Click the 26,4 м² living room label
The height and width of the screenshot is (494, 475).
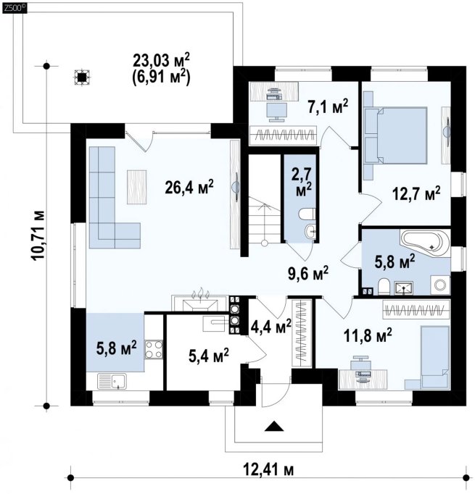(x=189, y=188)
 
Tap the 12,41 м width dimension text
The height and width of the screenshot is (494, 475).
(x=268, y=471)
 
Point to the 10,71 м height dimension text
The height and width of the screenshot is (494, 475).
(x=38, y=235)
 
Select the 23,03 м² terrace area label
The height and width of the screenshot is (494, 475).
(x=162, y=60)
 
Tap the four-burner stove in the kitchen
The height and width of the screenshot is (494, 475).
(x=154, y=350)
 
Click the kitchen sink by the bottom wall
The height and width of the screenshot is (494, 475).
(x=112, y=381)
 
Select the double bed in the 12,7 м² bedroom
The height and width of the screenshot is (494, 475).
(x=396, y=135)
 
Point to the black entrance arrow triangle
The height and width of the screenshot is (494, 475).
(x=274, y=426)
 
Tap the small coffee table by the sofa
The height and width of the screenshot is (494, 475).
(x=136, y=187)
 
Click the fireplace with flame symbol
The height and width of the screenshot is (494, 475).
(x=199, y=303)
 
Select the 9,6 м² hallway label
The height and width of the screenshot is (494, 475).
(x=308, y=272)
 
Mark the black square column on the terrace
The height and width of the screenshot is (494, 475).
(x=82, y=78)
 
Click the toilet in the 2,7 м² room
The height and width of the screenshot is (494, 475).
(x=306, y=214)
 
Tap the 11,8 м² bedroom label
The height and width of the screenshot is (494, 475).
(x=368, y=335)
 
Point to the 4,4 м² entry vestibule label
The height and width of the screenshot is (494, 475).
(x=270, y=327)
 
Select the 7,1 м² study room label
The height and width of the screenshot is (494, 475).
(x=328, y=106)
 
